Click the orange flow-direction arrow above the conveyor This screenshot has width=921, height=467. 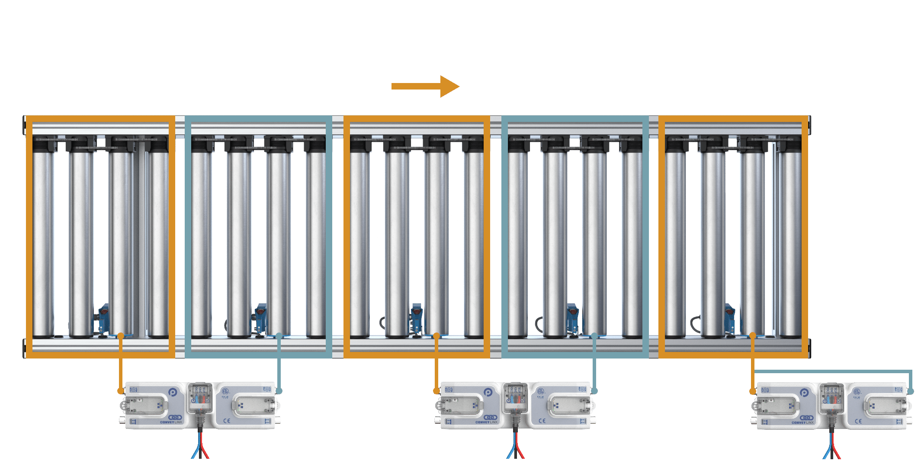point(425,86)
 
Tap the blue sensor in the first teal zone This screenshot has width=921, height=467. point(261,317)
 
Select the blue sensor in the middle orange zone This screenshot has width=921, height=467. point(416,317)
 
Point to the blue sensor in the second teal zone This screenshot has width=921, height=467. point(573,317)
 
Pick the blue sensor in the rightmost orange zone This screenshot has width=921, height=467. point(730,317)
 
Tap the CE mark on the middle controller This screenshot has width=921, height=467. point(542,421)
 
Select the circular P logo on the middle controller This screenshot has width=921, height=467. point(488,393)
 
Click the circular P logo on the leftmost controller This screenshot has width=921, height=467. point(173,393)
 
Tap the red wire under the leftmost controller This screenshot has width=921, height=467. point(205,452)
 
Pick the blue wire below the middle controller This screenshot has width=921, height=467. point(510,452)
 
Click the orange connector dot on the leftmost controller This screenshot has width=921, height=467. point(120,391)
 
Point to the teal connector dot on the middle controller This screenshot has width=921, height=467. point(594,391)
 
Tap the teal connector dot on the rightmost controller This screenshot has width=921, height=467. point(911,391)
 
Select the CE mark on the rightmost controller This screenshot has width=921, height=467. point(858,421)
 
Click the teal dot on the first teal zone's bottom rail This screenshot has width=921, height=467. point(279,336)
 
